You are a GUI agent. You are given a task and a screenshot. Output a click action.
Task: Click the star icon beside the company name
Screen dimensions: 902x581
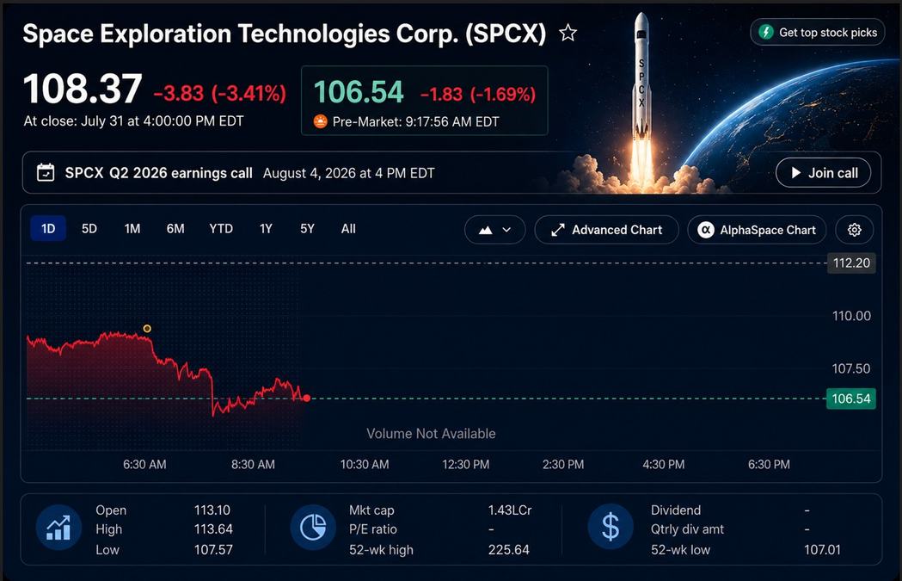568,33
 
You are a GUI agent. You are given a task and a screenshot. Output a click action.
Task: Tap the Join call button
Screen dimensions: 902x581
823,173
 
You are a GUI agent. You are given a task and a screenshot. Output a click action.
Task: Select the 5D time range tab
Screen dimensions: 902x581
89,229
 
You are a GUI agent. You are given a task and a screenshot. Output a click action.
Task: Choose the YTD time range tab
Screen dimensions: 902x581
221,229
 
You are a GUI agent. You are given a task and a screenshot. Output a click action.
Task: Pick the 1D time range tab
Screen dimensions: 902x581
48,229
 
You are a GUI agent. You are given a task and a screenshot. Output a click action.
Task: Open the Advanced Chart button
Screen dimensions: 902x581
606,230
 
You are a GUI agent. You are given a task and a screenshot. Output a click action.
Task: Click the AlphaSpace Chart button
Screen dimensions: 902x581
757,230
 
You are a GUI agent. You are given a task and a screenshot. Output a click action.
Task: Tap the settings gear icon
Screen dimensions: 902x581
854,230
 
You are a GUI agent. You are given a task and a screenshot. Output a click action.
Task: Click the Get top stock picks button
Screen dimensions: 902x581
818,32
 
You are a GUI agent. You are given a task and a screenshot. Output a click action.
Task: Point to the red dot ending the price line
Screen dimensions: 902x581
307,398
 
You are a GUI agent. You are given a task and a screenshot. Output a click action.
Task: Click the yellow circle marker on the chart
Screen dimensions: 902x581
147,328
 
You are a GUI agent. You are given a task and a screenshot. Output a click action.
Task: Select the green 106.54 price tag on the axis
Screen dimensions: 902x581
850,399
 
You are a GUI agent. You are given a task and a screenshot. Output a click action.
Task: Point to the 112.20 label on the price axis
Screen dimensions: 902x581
851,263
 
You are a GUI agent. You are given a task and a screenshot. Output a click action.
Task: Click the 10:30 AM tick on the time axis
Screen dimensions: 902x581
364,464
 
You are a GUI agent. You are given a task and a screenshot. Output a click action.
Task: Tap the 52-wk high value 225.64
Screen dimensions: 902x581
508,549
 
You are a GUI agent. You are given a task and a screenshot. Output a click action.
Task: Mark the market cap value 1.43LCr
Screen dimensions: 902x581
510,510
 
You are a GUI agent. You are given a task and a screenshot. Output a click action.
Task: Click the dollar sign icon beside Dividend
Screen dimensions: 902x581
611,527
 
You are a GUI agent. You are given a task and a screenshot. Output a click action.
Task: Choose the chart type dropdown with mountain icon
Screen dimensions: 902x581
494,230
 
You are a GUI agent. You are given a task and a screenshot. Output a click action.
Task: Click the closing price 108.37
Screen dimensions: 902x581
83,89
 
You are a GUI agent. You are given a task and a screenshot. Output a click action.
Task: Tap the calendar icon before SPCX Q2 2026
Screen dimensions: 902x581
46,173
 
